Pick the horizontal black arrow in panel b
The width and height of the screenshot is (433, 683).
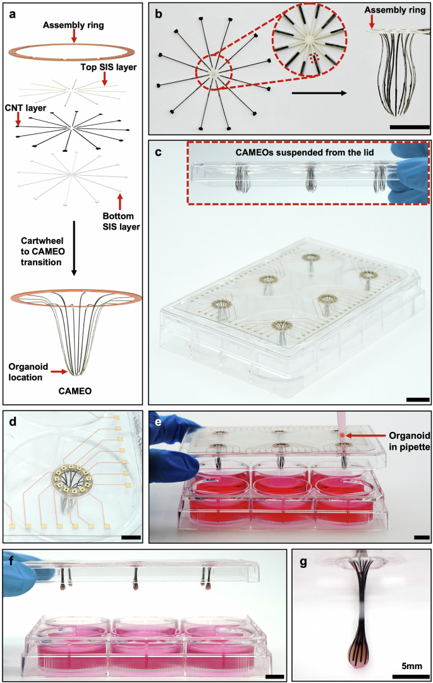point(319,92)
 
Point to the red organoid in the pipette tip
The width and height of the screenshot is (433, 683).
point(342,436)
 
